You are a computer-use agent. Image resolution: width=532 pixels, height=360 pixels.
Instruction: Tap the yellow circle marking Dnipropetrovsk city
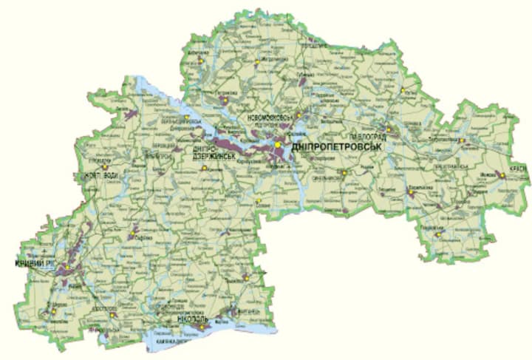(279, 146)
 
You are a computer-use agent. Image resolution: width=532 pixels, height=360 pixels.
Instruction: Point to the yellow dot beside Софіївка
(133, 237)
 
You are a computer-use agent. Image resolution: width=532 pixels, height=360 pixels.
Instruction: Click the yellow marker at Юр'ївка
(404, 92)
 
